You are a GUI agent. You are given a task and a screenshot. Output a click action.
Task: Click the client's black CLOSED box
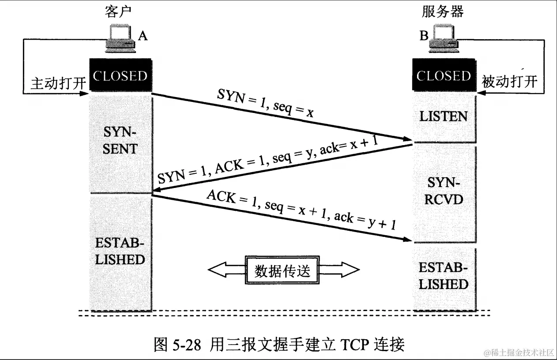120,75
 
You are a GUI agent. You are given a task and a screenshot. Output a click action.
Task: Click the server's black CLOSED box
444,75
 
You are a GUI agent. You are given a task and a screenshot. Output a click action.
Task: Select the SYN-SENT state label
120,140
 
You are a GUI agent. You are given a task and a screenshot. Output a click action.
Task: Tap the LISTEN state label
443,116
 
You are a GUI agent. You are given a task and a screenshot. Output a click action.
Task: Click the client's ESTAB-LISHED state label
120,251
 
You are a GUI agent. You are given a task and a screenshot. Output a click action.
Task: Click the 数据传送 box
283,270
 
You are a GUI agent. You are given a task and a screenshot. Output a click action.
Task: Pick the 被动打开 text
510,82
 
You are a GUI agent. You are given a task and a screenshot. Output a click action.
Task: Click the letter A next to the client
143,37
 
